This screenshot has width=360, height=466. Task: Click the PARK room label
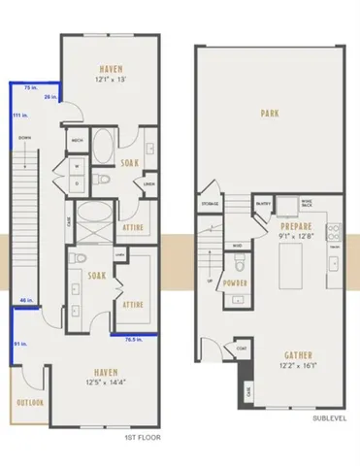pos(270,114)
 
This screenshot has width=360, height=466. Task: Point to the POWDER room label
pos(236,283)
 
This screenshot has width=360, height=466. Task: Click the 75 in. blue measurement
pos(31,87)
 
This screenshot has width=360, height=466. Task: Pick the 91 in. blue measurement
pos(19,343)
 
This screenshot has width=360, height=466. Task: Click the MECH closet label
pos(76,140)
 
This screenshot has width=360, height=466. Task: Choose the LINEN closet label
pos(149,183)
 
